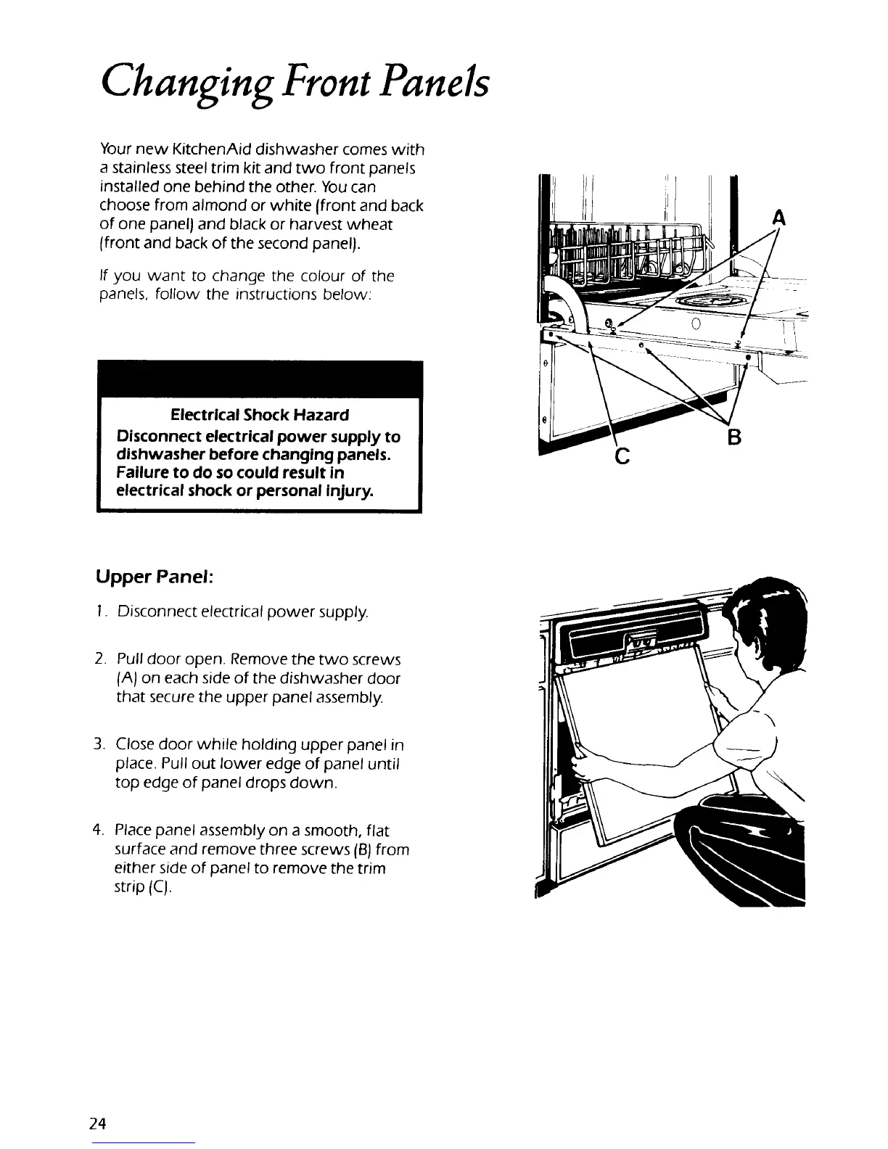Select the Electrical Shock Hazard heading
pyautogui.click(x=259, y=415)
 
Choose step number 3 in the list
pyautogui.click(x=99, y=745)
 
